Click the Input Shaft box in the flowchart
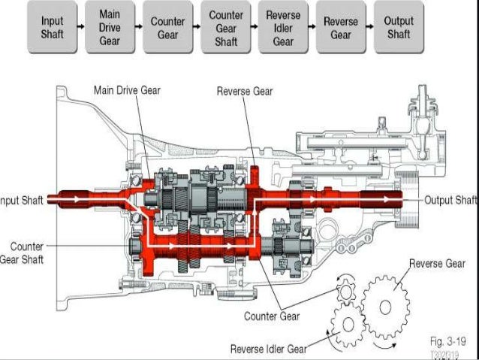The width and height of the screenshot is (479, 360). (x=53, y=29)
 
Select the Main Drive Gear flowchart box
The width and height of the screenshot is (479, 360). (x=109, y=29)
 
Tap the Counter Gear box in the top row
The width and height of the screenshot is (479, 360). (x=167, y=29)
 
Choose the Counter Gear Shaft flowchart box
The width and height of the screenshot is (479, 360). (x=226, y=29)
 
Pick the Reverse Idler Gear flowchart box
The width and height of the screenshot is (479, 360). (x=283, y=29)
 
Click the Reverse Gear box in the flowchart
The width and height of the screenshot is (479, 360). (x=340, y=29)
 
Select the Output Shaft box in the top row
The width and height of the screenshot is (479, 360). (x=398, y=29)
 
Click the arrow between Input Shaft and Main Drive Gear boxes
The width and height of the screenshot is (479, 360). (x=81, y=29)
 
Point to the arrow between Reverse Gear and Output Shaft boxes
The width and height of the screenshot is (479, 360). (x=369, y=29)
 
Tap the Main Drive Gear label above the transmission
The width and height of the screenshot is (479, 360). (x=128, y=90)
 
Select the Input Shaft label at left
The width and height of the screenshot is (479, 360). (x=22, y=200)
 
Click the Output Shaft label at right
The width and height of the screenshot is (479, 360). (x=450, y=200)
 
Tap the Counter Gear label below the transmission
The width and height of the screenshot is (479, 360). (x=271, y=316)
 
